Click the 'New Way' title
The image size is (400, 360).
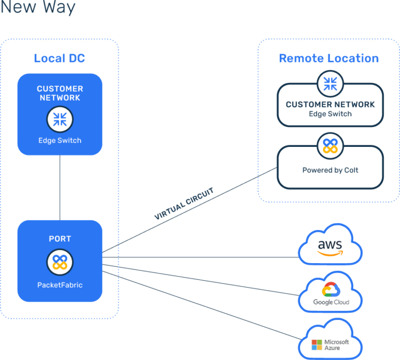point(38,8)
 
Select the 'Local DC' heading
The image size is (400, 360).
point(59,58)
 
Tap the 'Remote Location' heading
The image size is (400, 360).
point(329,58)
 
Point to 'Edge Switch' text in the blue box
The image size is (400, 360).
point(60,140)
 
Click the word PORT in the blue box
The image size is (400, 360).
point(60,239)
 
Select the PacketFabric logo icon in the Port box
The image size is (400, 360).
point(60,262)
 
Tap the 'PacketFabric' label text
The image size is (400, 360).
point(60,285)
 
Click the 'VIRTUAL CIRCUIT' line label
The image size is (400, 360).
point(184,203)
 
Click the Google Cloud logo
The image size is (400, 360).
point(331,294)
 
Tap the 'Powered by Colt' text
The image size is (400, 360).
point(330,170)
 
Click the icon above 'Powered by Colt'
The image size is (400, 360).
point(330,145)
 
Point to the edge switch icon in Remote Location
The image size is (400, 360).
point(330,83)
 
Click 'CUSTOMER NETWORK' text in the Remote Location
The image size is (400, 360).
point(330,105)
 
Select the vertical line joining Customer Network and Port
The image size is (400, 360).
point(60,188)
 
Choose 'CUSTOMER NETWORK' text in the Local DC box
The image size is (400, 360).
point(60,93)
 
